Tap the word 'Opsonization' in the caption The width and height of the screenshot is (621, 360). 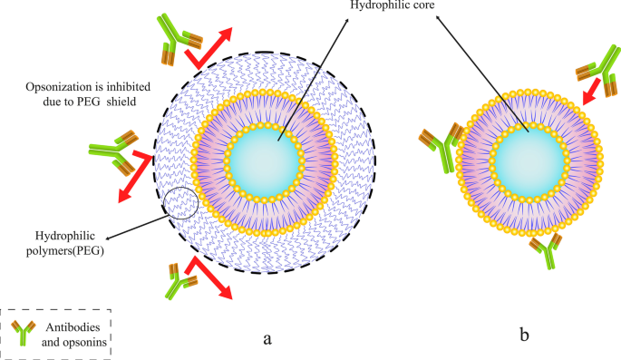pyautogui.click(x=63, y=88)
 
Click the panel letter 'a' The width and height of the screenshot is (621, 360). pyautogui.click(x=266, y=338)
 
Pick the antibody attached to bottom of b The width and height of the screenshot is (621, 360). pyautogui.click(x=546, y=252)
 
